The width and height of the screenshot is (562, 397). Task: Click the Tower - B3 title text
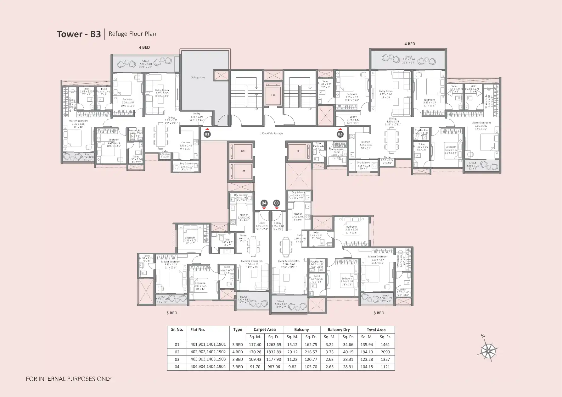(79, 34)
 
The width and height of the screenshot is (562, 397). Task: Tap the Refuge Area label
(198, 77)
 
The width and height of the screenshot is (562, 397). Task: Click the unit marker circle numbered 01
(207, 134)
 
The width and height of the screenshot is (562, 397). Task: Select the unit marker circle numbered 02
(340, 134)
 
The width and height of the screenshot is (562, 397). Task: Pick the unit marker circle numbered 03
(276, 203)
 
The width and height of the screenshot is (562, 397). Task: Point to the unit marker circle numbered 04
(264, 203)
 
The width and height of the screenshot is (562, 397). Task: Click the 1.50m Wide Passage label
(271, 133)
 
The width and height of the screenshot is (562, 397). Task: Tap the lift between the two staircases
(273, 95)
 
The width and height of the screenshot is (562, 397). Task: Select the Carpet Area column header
(264, 330)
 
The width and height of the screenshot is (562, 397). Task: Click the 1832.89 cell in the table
(273, 352)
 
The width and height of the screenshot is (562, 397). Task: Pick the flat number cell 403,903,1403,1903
(208, 359)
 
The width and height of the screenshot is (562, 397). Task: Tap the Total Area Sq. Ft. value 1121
(385, 367)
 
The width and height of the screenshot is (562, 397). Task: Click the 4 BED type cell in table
(238, 352)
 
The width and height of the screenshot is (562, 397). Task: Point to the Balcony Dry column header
(339, 330)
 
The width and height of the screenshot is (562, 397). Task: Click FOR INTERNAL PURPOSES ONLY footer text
(69, 379)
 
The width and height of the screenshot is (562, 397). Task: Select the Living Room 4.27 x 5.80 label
(385, 93)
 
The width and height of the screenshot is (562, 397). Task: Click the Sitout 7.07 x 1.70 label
(145, 64)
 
